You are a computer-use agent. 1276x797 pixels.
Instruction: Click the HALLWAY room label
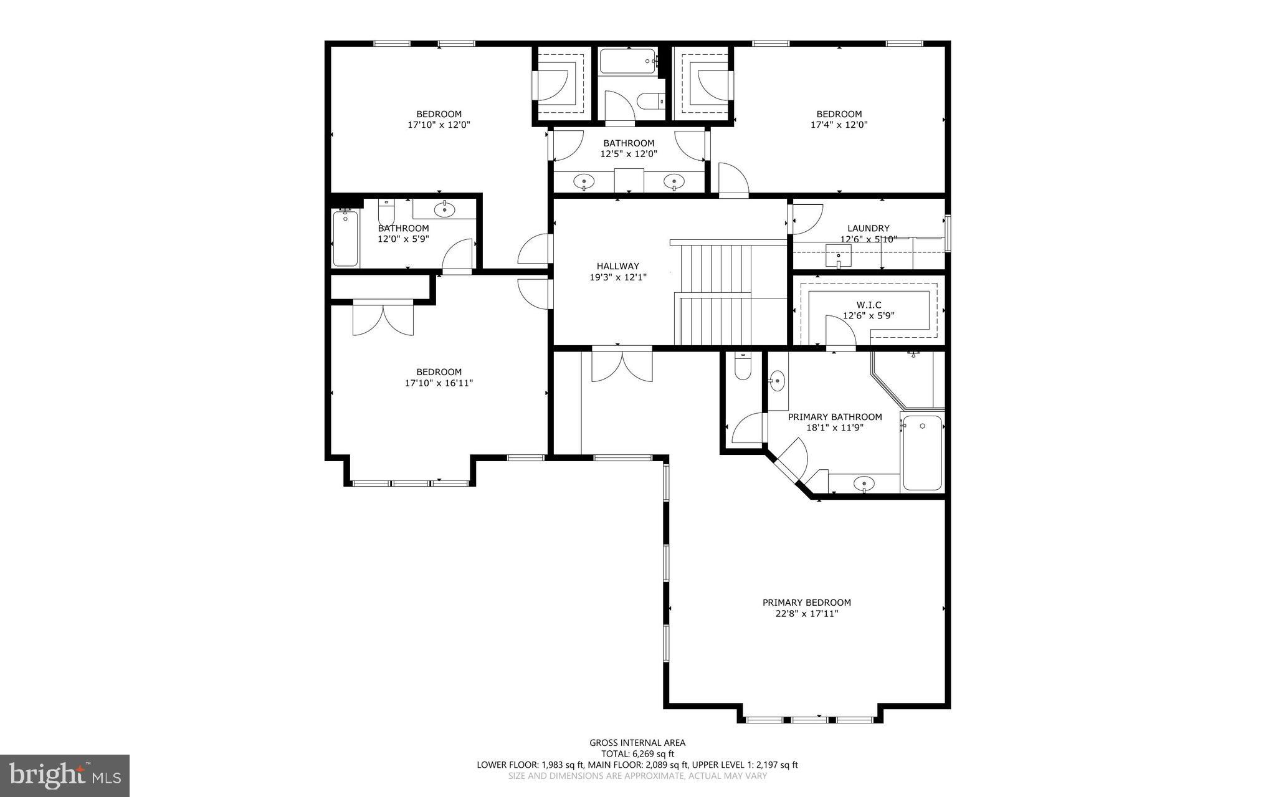coord(617,266)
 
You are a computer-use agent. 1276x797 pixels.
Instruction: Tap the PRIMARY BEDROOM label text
coord(806,603)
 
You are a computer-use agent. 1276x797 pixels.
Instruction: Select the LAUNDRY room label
coord(868,228)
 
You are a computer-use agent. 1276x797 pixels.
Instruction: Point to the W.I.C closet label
coord(869,305)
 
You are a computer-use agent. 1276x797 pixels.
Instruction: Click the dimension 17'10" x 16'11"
coord(439,383)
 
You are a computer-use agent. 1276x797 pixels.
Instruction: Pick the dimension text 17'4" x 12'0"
coord(839,125)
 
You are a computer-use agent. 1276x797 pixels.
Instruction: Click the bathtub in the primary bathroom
coord(923,452)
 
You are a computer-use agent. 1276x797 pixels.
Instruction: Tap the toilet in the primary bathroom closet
coord(743,367)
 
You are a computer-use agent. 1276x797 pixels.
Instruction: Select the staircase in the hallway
coord(717,293)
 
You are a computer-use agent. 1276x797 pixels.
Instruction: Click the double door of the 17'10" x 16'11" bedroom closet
coord(383,318)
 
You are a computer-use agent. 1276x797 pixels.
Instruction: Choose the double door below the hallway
coord(622,366)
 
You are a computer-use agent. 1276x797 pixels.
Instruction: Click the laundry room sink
coord(839,255)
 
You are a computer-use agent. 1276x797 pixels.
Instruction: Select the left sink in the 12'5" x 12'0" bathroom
coord(584,182)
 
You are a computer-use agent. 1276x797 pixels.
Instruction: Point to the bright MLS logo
coord(65,775)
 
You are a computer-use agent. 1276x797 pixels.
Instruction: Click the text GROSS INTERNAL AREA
coord(637,742)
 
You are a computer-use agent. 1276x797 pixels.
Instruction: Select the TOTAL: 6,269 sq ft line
coord(637,753)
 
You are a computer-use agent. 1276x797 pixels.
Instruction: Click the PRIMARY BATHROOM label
coord(835,417)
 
